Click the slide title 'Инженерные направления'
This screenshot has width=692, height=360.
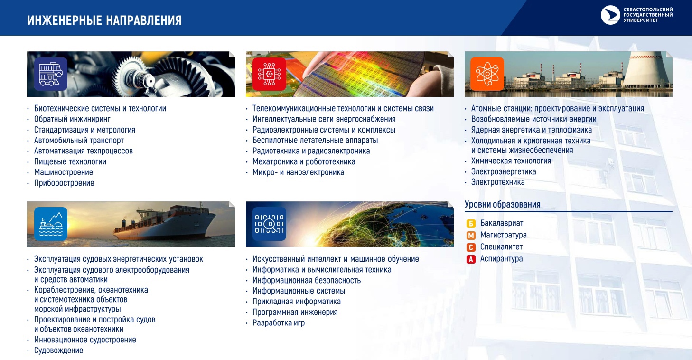(104, 20)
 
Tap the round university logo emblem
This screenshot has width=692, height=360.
(610, 15)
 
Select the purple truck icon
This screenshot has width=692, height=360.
(51, 74)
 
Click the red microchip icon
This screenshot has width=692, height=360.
(269, 74)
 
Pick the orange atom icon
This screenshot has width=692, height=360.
(487, 74)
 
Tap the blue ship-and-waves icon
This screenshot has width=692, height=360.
(51, 224)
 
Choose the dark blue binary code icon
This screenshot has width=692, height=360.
(269, 224)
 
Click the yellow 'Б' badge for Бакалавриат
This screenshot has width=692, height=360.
(471, 223)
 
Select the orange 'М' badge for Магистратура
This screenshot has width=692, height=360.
(471, 236)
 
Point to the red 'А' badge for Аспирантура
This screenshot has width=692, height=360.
(471, 259)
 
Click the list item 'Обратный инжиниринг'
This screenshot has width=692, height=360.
(72, 119)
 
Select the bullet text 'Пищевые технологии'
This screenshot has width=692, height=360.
(70, 161)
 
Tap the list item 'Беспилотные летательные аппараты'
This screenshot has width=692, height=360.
(315, 140)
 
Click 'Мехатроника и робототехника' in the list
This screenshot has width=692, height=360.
(304, 161)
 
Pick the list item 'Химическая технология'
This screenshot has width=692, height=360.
(511, 161)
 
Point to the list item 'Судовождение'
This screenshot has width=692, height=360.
(58, 351)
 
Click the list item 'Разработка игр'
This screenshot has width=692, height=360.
(278, 323)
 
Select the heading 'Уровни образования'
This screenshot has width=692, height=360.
(502, 205)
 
